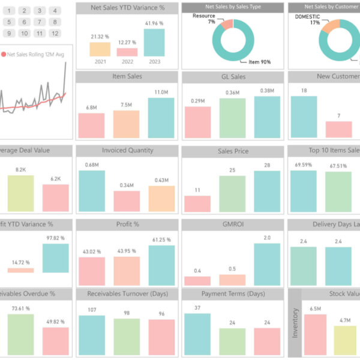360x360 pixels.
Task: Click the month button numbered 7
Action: click(x=39, y=22)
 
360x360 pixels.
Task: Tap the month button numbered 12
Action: click(x=55, y=33)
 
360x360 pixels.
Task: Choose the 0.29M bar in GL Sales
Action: click(x=197, y=122)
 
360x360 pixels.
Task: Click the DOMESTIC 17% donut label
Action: click(x=307, y=19)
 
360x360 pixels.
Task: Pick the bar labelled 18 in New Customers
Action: click(x=304, y=117)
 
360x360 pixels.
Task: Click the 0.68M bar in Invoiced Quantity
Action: click(x=92, y=191)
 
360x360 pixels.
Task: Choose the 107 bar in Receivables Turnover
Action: click(x=92, y=335)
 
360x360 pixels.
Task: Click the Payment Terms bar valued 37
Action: click(x=197, y=334)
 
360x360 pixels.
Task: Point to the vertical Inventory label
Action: click(x=294, y=324)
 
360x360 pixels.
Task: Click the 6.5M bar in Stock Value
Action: click(x=315, y=334)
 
